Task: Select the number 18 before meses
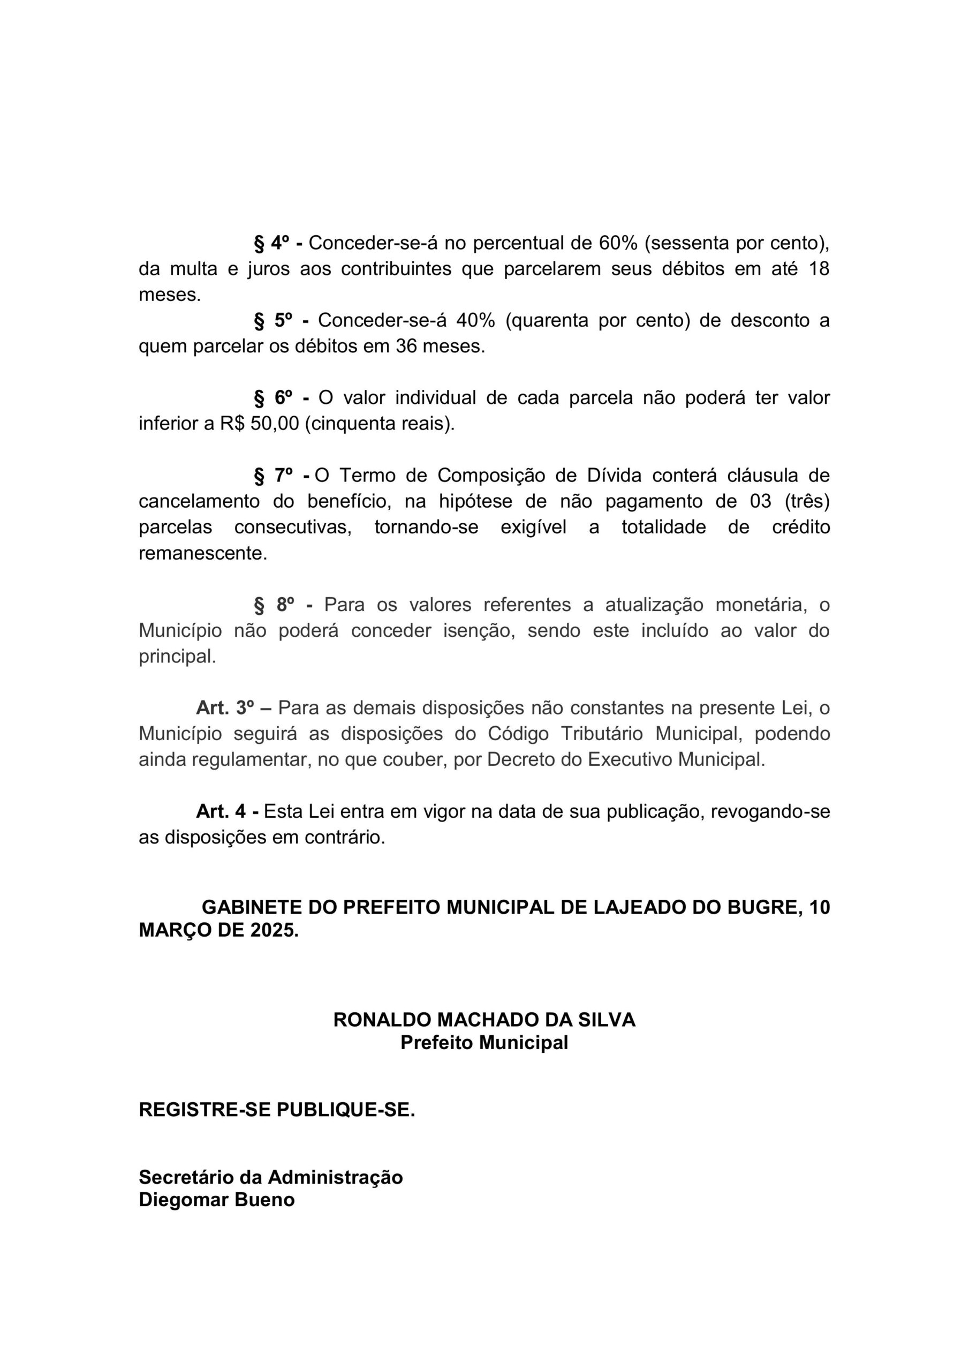819,269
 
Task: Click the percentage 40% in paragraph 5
475,321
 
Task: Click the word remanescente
203,553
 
